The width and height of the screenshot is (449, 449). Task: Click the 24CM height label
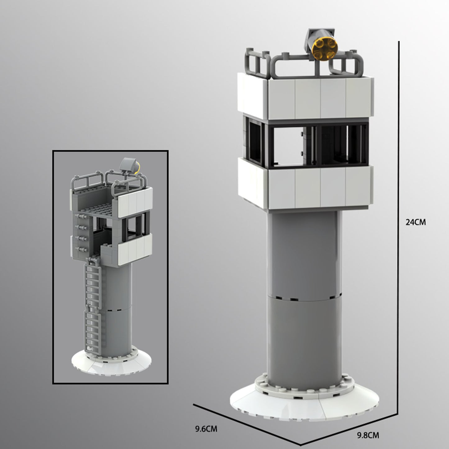(x=415, y=222)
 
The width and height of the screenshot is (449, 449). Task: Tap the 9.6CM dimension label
(x=206, y=429)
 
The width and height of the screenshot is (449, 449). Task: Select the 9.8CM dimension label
(x=368, y=435)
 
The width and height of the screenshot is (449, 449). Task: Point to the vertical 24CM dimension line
(x=398, y=218)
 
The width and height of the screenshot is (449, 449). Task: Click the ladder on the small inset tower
(x=92, y=305)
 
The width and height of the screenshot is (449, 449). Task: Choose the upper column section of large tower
(x=305, y=255)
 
